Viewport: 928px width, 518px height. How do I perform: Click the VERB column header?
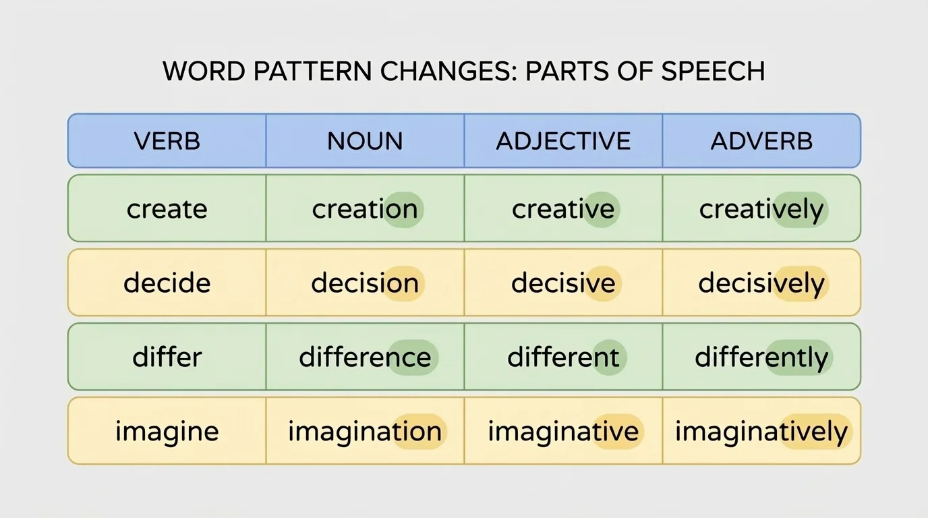coord(167,141)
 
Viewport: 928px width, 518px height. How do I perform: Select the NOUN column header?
coord(365,141)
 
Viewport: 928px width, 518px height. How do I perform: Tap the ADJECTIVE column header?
coord(563,141)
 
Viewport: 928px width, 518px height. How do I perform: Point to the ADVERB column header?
coord(761,141)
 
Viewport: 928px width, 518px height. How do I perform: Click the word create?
coord(167,209)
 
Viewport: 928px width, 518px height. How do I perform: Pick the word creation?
coord(365,209)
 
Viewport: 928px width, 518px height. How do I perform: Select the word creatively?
coord(761,209)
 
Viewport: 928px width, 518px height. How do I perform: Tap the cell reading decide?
coord(167,283)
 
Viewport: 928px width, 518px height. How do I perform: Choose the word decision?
coord(365,283)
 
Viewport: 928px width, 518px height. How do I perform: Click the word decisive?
coord(563,283)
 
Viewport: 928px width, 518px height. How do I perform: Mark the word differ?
coord(167,357)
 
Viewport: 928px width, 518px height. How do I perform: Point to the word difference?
coord(365,357)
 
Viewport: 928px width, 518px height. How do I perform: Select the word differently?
coord(761,357)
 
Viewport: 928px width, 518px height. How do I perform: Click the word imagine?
coord(167,432)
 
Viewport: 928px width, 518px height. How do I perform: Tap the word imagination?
coord(365,432)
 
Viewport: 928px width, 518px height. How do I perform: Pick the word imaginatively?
coord(761,432)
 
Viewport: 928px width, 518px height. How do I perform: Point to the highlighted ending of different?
coord(602,357)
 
